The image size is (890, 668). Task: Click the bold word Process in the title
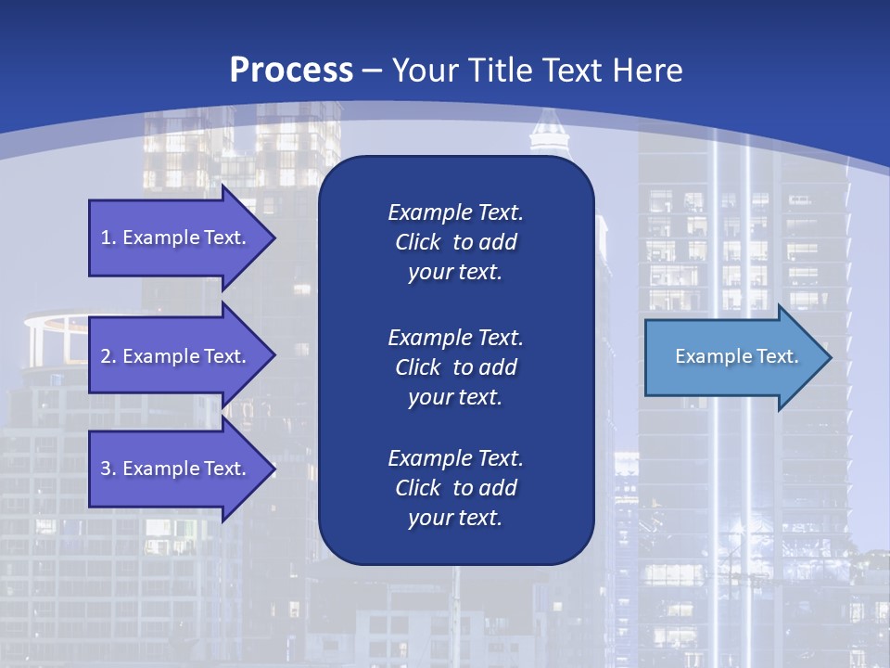click(x=291, y=71)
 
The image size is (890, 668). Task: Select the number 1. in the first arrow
click(x=108, y=238)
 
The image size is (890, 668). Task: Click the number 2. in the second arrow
click(x=108, y=356)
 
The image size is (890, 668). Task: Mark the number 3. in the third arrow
click(x=108, y=469)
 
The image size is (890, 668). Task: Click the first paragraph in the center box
click(x=455, y=242)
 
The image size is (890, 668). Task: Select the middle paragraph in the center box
click(x=455, y=367)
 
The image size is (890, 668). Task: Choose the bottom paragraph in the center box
click(x=455, y=488)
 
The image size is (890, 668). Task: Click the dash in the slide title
click(x=373, y=71)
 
